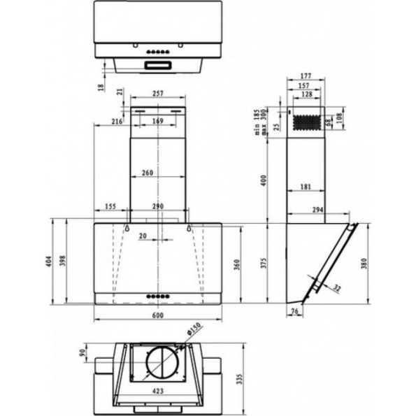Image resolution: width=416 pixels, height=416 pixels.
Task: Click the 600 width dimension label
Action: pos(157,315)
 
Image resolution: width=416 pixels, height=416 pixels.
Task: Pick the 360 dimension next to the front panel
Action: pos(238,264)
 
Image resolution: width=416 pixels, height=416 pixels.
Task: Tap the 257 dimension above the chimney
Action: pos(158,93)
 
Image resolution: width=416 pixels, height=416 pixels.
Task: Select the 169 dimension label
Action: pos(158,122)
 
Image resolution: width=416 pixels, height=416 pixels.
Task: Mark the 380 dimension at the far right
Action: pos(364,263)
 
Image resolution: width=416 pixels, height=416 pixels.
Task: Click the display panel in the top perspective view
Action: pos(159,65)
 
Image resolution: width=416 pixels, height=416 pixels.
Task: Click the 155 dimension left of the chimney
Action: pos(110,207)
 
